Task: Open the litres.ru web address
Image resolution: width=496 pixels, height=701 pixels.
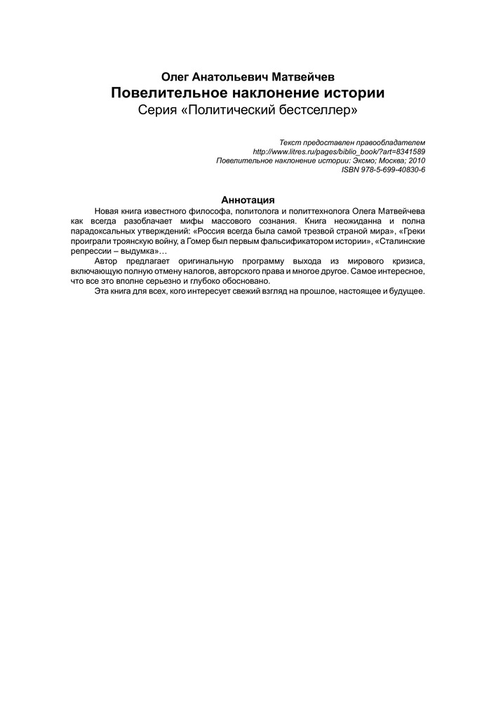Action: point(338,151)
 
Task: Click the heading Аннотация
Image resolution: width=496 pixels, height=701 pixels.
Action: point(248,199)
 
